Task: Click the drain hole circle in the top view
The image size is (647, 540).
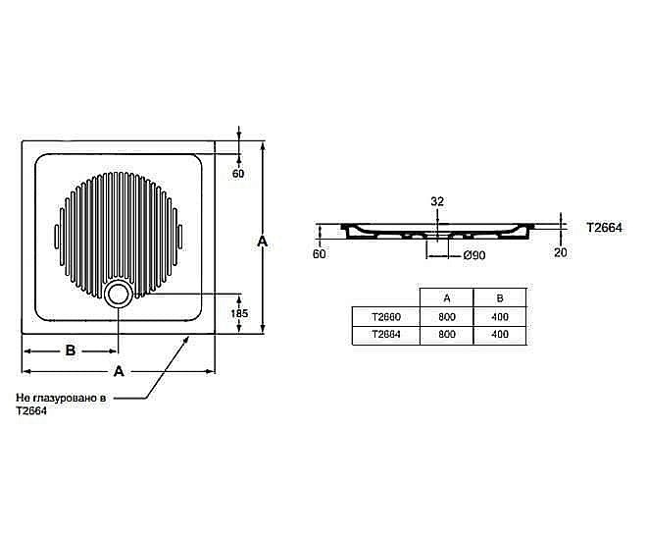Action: pos(119,293)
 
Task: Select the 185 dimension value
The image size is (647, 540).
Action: pos(239,313)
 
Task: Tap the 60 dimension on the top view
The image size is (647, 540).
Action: pos(238,174)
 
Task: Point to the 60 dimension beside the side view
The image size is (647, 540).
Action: pos(318,254)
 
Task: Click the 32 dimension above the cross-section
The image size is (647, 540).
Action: pos(437,201)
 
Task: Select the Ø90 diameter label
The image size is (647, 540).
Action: pos(447,255)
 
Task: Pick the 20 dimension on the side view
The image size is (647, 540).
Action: pos(560,252)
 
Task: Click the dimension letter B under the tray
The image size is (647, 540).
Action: pos(70,351)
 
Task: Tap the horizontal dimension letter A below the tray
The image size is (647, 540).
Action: pos(119,371)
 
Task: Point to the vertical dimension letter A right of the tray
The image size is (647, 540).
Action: pos(262,239)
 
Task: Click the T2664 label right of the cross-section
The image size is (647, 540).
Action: pos(605,227)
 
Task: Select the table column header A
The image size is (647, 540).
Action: pos(446,298)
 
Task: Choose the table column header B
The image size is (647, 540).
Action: pos(500,298)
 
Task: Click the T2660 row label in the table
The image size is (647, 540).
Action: pos(385,317)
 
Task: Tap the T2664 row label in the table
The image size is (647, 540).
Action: pos(385,335)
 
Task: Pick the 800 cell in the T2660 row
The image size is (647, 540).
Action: pos(446,317)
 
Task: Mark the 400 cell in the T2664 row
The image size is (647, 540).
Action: pos(500,335)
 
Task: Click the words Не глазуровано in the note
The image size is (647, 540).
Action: pos(59,400)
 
